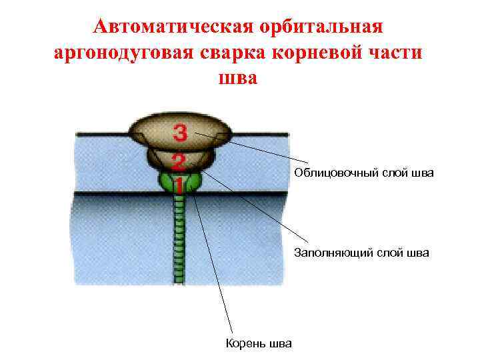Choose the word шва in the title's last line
(237, 78)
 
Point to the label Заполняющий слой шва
(362, 253)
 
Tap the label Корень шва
(259, 344)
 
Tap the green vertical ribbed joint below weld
(178, 240)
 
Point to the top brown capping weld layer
(153, 130)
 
